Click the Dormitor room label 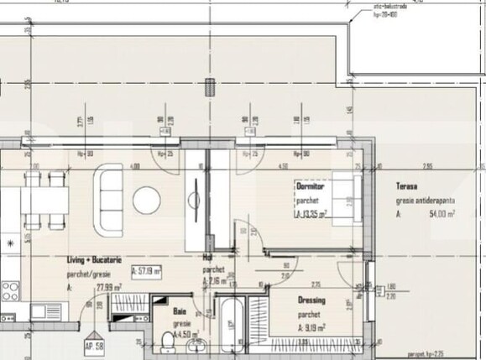tap(310, 185)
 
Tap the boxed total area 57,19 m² tap(146, 271)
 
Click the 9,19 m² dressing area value tap(312, 328)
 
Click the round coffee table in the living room tap(147, 199)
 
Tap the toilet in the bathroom tap(165, 339)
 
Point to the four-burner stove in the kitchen tap(10, 290)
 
